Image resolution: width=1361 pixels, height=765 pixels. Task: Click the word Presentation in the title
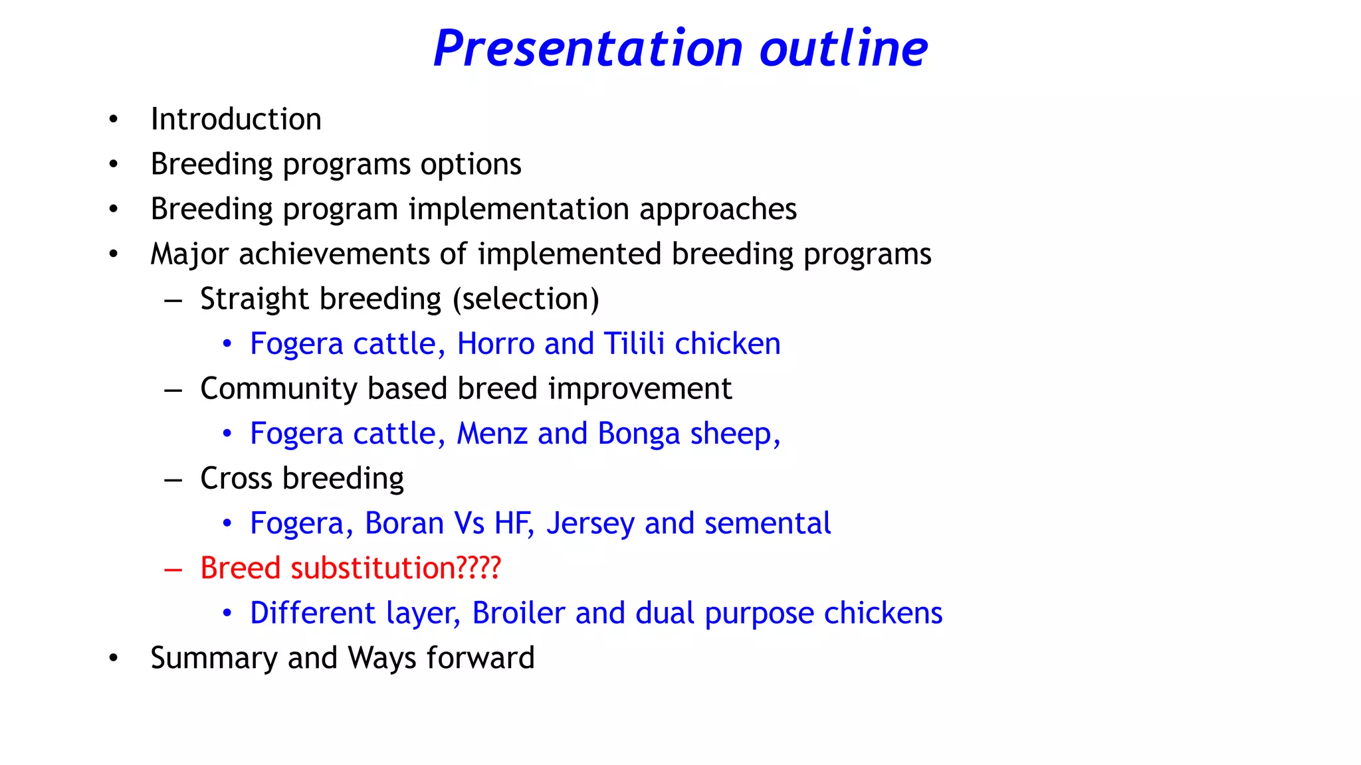pyautogui.click(x=587, y=49)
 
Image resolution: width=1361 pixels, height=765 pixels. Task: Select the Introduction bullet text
pyautogui.click(x=236, y=120)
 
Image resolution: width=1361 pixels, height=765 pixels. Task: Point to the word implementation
pyautogui.click(x=518, y=210)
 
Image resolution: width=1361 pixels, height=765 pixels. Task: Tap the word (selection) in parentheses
pyautogui.click(x=526, y=299)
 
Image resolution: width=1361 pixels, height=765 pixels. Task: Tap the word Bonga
pyautogui.click(x=639, y=434)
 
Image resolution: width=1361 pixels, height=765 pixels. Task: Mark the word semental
pyautogui.click(x=768, y=523)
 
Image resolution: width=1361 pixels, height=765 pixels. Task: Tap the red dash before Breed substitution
pyautogui.click(x=173, y=569)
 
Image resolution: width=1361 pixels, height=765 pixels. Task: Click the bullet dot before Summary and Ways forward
pyautogui.click(x=114, y=658)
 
